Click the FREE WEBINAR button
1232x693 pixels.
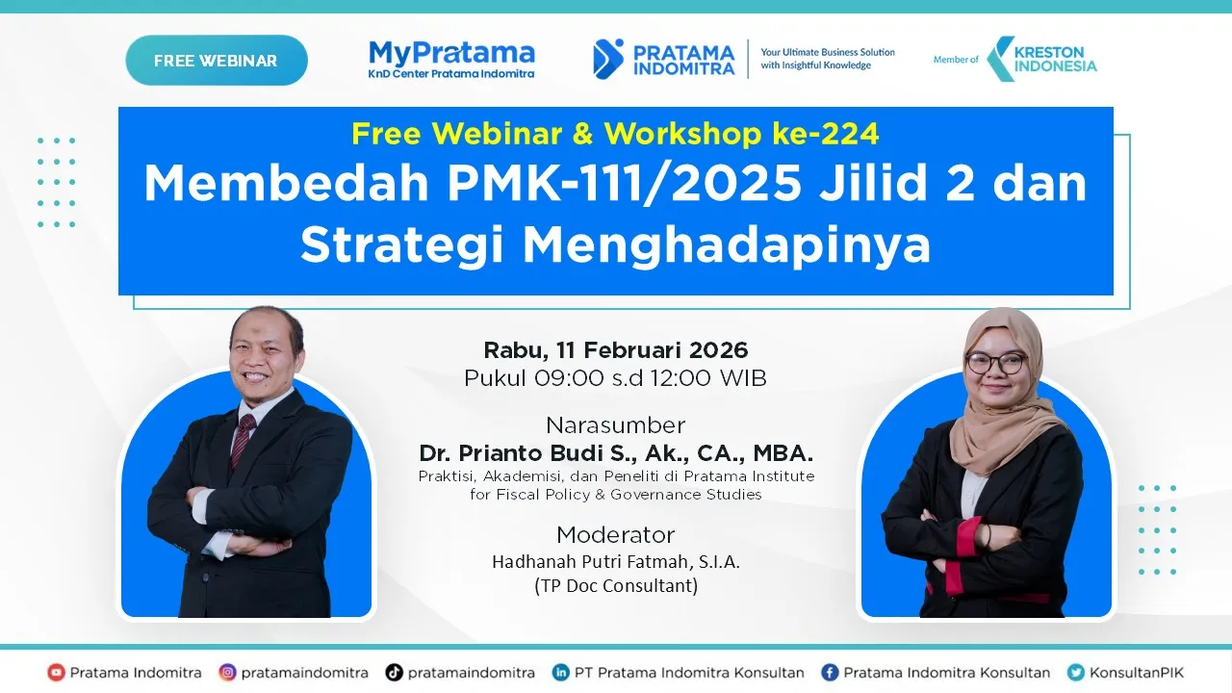[216, 61]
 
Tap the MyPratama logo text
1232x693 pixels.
[451, 52]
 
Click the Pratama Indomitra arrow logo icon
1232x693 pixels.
[608, 59]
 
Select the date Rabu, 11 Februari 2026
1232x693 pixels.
[615, 349]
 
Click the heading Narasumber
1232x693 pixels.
[615, 425]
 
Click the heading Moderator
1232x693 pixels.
[615, 535]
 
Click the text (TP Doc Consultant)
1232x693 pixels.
[615, 585]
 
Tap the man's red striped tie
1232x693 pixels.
[242, 439]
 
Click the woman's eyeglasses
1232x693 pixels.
[995, 363]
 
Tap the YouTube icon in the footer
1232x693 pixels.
[56, 673]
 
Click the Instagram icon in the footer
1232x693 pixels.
[227, 673]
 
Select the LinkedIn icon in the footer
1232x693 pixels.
[560, 673]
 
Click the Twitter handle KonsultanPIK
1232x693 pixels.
[1136, 673]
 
